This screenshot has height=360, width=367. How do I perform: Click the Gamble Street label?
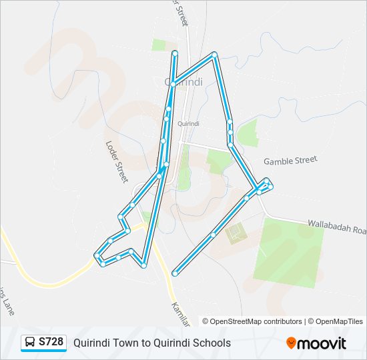tap(290, 161)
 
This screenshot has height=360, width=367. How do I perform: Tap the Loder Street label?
tap(116, 161)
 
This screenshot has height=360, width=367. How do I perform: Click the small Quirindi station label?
tap(190, 123)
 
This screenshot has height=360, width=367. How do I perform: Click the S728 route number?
tap(51, 342)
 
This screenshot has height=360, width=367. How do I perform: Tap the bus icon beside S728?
tap(30, 343)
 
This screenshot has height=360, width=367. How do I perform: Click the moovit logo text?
tap(322, 343)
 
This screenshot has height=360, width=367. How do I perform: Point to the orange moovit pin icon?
tap(292, 343)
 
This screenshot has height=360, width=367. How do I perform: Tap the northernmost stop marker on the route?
tap(175, 53)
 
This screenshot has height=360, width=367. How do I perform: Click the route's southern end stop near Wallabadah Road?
tap(175, 273)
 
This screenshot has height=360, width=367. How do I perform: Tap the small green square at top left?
tap(158, 45)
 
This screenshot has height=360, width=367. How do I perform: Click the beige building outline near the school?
tap(235, 234)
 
